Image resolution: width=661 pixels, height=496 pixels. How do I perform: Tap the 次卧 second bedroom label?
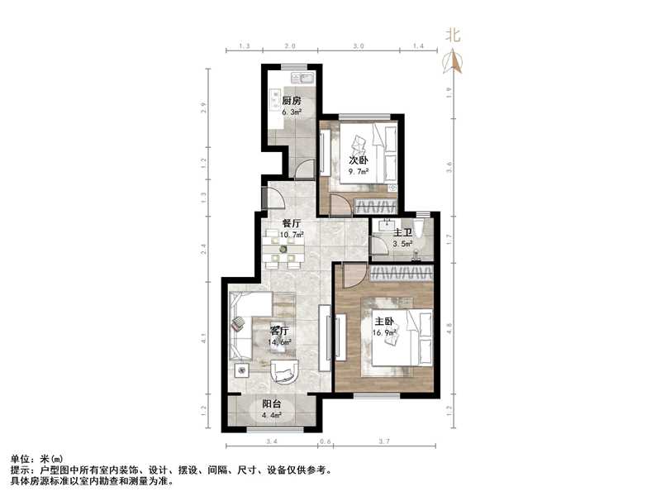(357, 160)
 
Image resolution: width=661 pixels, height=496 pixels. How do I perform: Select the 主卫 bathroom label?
(402, 233)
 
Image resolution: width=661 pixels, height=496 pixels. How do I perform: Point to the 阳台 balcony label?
(272, 404)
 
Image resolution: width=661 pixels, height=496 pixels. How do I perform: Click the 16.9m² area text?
(385, 331)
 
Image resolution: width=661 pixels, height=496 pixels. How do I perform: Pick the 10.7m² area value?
(292, 235)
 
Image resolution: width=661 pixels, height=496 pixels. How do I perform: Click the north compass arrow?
(452, 62)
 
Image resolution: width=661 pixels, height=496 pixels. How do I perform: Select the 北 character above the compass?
(452, 35)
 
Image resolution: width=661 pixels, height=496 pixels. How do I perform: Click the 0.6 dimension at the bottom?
(325, 442)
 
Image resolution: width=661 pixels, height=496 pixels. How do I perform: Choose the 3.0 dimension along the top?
(358, 47)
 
